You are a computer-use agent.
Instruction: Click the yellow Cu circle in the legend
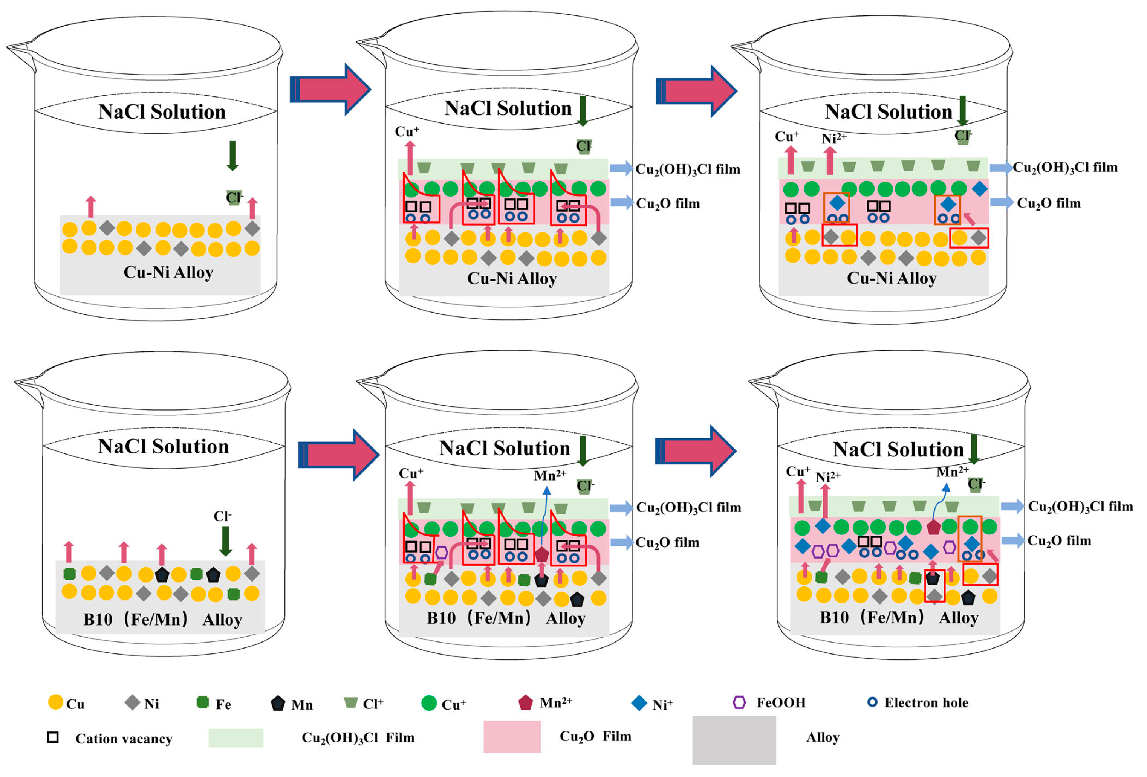click(x=56, y=702)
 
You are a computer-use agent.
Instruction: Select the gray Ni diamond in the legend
click(x=132, y=702)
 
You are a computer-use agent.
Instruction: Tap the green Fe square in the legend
click(x=202, y=702)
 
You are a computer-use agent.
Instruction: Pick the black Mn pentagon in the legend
click(x=278, y=703)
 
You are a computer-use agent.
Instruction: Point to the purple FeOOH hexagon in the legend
click(x=739, y=702)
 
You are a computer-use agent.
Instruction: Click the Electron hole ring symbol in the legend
click(x=872, y=702)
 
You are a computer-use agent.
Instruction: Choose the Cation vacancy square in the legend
click(x=53, y=737)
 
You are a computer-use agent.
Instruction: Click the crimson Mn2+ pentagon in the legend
click(x=526, y=702)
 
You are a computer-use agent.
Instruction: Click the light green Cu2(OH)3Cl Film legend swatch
click(x=236, y=737)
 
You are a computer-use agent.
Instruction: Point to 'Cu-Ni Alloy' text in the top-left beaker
click(x=168, y=272)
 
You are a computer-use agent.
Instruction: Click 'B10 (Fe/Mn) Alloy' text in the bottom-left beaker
click(x=162, y=619)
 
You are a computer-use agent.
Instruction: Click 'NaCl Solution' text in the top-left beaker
click(x=162, y=111)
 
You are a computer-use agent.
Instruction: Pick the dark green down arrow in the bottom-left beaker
click(x=226, y=541)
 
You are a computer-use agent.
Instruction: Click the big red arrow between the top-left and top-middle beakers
click(x=331, y=89)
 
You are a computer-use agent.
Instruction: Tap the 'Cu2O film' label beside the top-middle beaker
click(x=668, y=203)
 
